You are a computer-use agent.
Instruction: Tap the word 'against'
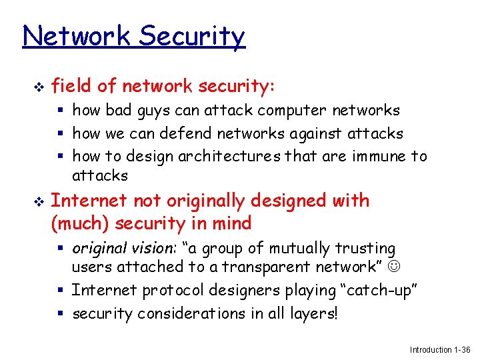click(317, 133)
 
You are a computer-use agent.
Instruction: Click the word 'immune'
click(378, 157)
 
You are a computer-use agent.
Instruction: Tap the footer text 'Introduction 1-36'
click(440, 349)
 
